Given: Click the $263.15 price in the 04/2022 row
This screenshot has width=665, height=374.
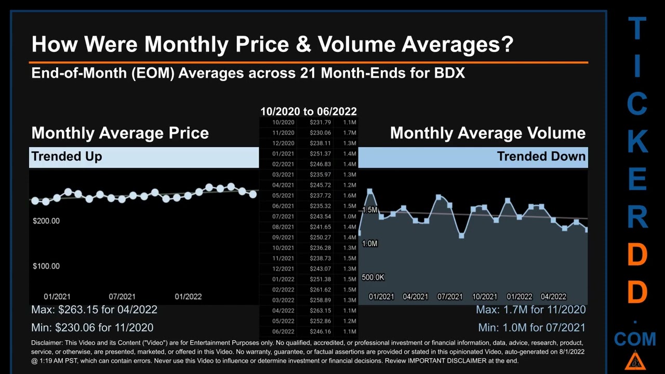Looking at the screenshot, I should [x=320, y=311].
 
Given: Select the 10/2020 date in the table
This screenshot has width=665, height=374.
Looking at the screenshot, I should [x=283, y=123].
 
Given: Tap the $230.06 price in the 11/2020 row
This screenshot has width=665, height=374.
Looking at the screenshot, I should [x=320, y=133].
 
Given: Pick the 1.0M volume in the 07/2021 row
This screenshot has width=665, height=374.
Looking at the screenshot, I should [x=349, y=217].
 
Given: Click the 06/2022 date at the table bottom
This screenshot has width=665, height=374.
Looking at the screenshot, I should [x=283, y=331].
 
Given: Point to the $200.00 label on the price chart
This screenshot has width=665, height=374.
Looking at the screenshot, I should [x=46, y=221].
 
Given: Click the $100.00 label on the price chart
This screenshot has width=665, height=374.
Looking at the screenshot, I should [x=46, y=266].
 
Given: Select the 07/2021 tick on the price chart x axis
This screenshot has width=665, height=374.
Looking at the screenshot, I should [x=122, y=297].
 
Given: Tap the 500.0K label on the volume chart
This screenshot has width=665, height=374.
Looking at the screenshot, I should [x=373, y=277].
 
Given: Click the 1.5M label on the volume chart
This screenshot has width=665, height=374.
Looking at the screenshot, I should [x=369, y=210].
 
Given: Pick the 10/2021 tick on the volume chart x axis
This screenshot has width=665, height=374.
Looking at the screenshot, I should [x=484, y=297].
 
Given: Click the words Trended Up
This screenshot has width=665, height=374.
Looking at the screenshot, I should [x=66, y=156].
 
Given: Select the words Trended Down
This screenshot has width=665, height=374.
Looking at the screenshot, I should [x=541, y=156].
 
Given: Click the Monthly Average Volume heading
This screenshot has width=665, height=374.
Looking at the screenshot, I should [x=487, y=133].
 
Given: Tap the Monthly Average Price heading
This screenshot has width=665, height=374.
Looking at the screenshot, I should [x=120, y=133].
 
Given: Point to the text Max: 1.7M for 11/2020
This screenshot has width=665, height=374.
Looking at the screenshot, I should [x=530, y=310].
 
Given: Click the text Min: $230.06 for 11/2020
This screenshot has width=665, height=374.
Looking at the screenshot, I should [x=92, y=328].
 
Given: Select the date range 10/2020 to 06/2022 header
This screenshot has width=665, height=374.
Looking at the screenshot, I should [x=308, y=112].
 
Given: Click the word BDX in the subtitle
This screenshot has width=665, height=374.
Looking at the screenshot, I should [x=449, y=73].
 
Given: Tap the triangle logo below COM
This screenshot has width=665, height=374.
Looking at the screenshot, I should [x=635, y=360].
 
